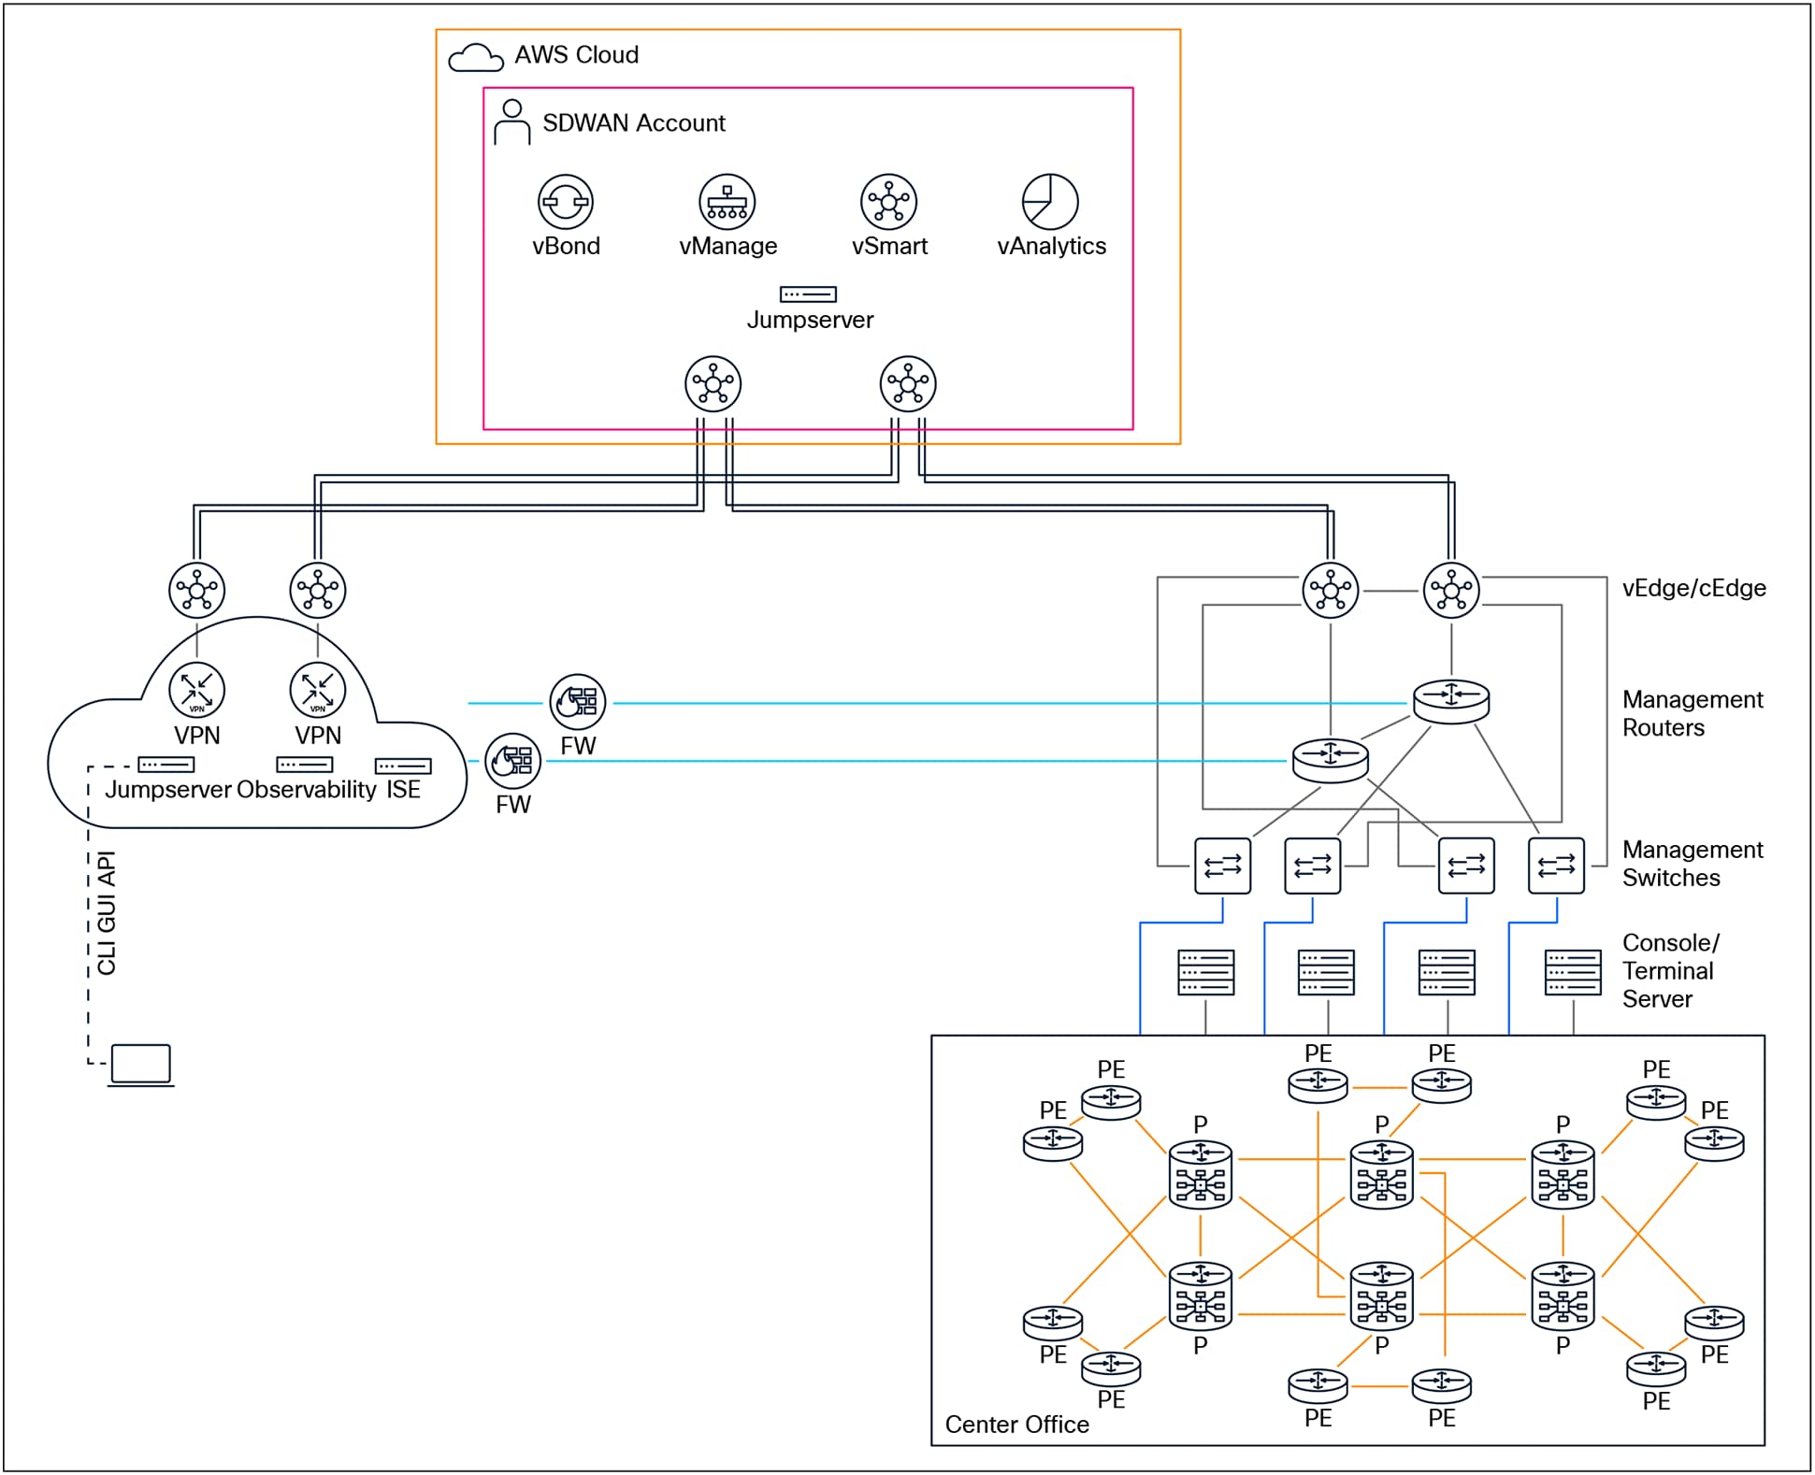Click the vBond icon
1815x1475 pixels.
point(566,202)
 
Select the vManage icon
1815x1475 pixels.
point(727,202)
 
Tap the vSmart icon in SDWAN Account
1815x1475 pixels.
point(888,202)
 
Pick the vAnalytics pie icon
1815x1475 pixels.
point(1050,202)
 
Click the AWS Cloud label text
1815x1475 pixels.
point(576,55)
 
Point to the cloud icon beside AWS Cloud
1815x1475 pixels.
point(475,58)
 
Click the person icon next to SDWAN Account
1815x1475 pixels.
point(511,122)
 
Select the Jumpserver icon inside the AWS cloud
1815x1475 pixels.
point(808,294)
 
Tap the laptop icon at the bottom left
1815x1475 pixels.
point(141,1065)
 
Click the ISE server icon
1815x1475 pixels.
point(403,766)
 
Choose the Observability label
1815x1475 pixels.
point(306,790)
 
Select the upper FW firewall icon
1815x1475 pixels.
point(578,702)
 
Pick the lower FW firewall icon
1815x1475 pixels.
point(513,761)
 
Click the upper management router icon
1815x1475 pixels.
point(1450,700)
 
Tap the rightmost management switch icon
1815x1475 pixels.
point(1556,866)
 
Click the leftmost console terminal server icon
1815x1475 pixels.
point(1205,973)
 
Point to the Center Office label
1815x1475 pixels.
point(1016,1425)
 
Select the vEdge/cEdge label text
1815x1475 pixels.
point(1693,589)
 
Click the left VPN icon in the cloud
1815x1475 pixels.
point(196,691)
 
